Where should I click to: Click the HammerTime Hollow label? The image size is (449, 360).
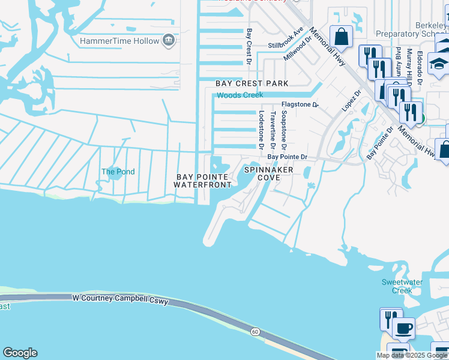(x=119, y=41)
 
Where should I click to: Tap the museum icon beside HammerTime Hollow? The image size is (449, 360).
(x=169, y=41)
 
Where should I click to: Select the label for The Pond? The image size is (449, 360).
(x=118, y=172)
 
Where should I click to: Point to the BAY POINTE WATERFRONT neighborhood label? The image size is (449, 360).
(x=203, y=181)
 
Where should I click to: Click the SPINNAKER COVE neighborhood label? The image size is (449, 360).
(x=269, y=174)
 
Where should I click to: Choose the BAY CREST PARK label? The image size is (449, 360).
(x=252, y=83)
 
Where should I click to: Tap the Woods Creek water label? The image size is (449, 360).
(x=240, y=95)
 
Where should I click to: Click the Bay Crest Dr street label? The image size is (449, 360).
(x=249, y=44)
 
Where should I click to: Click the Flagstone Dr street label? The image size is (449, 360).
(x=300, y=104)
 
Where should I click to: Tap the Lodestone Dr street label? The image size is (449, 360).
(x=261, y=130)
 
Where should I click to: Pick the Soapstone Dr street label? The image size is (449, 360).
(x=284, y=130)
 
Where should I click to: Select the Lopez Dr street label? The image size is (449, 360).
(x=351, y=101)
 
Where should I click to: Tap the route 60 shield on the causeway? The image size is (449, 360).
(x=255, y=331)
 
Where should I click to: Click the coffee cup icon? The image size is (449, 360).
(x=404, y=329)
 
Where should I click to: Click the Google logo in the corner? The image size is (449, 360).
(x=20, y=353)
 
